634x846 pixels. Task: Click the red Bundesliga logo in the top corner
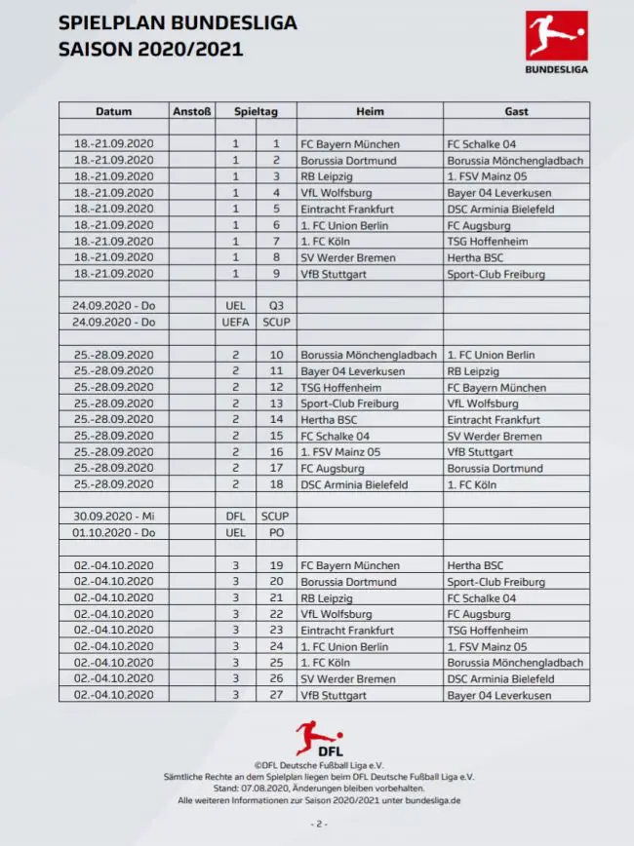pos(556,37)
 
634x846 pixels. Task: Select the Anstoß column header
pos(192,111)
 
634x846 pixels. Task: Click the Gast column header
pos(516,111)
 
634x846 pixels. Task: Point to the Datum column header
pos(114,111)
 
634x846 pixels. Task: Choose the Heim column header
pos(370,111)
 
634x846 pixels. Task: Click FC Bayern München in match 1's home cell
pos(350,144)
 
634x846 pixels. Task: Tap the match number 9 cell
pos(276,274)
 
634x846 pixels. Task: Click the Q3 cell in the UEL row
pos(276,306)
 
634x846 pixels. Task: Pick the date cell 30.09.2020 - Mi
pos(114,517)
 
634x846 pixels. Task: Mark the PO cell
pos(276,533)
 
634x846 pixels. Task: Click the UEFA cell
pos(235,323)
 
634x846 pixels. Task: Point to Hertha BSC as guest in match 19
pos(475,565)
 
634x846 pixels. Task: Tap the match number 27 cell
pos(276,695)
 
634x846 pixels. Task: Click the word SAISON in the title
pos(94,49)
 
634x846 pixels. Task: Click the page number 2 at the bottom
pos(318,824)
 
